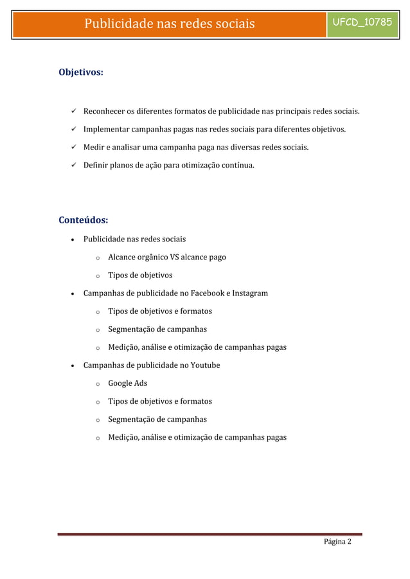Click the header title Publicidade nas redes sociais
coord(170,24)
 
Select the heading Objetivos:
coord(82,73)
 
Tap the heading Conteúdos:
coord(83,221)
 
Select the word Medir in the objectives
coord(94,148)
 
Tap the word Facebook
coord(201,293)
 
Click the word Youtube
coord(205,365)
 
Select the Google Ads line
coord(127,383)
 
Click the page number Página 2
coord(337,544)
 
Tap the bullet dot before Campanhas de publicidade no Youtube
coord(75,365)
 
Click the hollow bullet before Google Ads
coord(96,384)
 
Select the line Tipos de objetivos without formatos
coord(139,275)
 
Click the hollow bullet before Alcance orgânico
coord(96,258)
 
